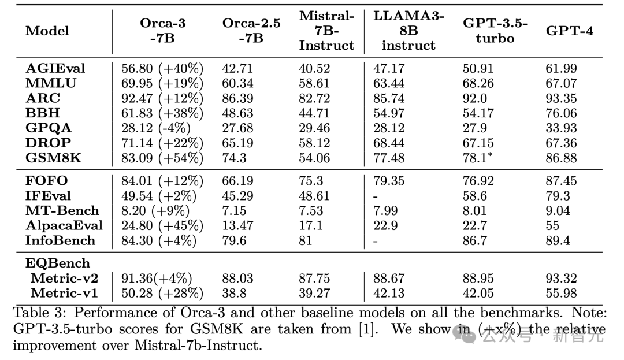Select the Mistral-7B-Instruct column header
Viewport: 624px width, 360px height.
point(326,31)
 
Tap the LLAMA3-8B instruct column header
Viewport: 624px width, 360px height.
point(408,31)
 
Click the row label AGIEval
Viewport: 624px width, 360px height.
point(55,69)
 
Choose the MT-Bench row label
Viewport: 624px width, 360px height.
point(62,211)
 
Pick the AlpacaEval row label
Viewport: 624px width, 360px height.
point(64,225)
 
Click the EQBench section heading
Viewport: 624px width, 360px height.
point(58,263)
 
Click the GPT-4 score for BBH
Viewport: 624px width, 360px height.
point(561,113)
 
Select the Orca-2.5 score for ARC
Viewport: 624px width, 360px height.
point(237,98)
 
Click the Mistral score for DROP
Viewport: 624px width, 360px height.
point(314,143)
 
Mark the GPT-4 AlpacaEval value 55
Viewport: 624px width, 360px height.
point(554,225)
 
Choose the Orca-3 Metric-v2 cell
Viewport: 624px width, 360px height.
point(157,279)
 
